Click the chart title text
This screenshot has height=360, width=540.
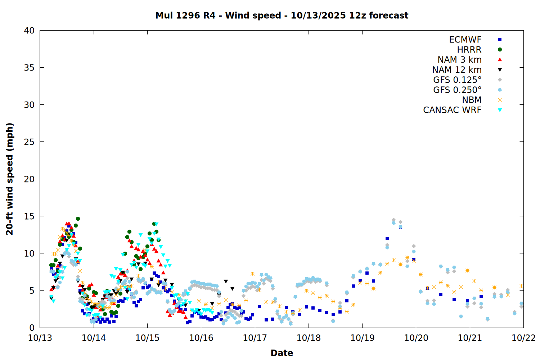pos(282,15)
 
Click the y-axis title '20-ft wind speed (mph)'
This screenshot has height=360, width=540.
pos(10,179)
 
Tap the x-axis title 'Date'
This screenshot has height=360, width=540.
pos(282,353)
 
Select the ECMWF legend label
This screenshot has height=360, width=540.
pos(465,40)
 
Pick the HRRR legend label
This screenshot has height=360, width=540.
pos(469,50)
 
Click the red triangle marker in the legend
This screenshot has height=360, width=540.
pos(500,59)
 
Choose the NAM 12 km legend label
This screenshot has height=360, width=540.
pos(457,70)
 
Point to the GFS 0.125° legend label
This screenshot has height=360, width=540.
pos(457,80)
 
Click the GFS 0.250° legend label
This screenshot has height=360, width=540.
pos(457,90)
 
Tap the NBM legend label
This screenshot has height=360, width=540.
pos(472,100)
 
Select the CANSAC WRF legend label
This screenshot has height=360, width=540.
pos(452,110)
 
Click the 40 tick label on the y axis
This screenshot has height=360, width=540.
pos(29,31)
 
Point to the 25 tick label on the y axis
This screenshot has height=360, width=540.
pos(29,142)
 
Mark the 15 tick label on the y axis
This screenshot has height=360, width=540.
pos(29,216)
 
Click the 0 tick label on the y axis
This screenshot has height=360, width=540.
pos(32,328)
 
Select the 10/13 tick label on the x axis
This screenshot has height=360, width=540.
pos(40,338)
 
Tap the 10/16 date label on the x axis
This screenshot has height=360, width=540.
pos(201,338)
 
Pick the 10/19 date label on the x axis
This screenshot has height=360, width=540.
pos(362,338)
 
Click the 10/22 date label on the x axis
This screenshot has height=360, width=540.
pos(523,338)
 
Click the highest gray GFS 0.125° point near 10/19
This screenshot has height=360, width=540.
pos(393,220)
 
